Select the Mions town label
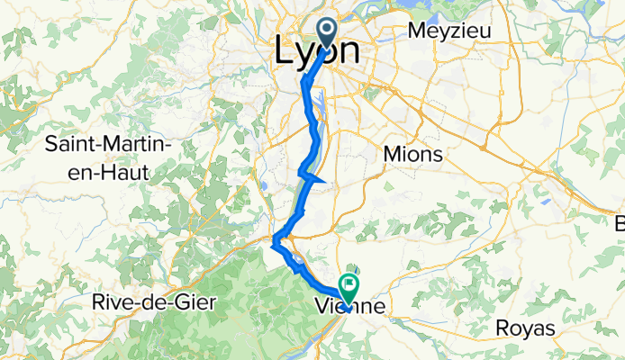[x=412, y=154]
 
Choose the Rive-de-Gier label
[x=154, y=302]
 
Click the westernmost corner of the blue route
[x=272, y=239]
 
